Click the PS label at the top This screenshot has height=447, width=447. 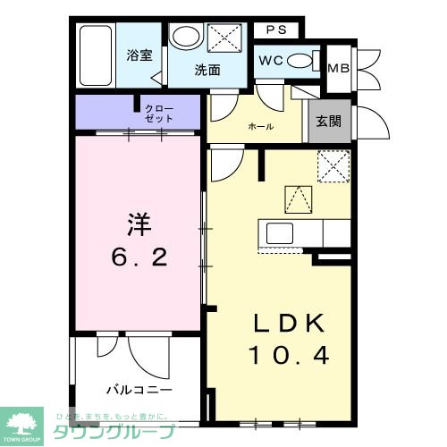276,30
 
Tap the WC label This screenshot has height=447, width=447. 272,61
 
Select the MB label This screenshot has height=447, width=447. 339,68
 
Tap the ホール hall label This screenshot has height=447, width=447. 261,126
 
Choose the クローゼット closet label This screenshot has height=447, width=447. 160,114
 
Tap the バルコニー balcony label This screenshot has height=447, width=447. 139,390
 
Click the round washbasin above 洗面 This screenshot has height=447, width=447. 187,38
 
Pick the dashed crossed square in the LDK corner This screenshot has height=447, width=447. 333,164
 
